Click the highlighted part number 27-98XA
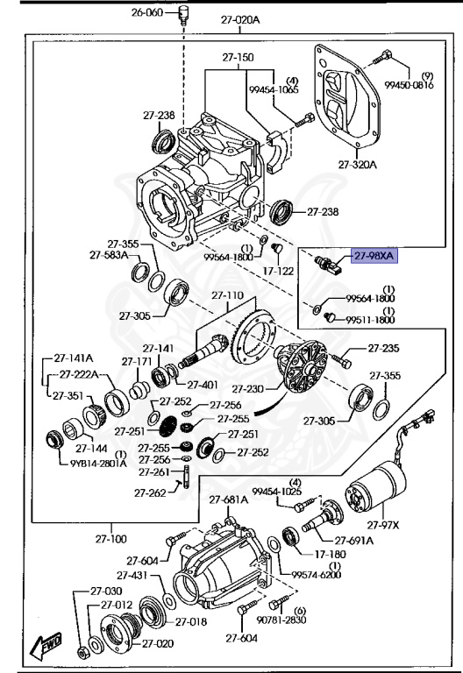(x=374, y=256)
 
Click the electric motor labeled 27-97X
(x=376, y=496)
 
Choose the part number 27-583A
(x=108, y=255)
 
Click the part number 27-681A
(x=227, y=499)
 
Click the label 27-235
(x=383, y=348)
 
